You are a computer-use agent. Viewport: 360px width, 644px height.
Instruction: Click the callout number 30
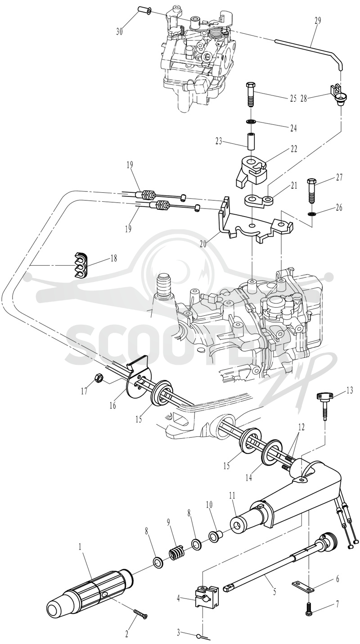(119, 31)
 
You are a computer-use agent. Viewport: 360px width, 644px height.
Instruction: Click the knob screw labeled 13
(324, 406)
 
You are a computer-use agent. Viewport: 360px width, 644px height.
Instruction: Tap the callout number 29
(318, 20)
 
